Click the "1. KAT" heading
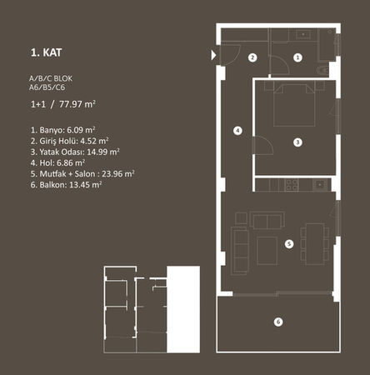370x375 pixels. pos(46,52)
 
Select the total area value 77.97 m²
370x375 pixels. pos(77,104)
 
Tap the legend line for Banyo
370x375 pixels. pos(62,130)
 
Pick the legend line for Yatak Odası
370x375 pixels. pos(75,152)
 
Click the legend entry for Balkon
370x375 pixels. pos(66,185)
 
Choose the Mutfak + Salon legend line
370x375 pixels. pos(82,174)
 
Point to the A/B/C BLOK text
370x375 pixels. pos(51,78)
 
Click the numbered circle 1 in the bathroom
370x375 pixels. pos(297,57)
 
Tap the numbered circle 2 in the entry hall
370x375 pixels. pos(252,57)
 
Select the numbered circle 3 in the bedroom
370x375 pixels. pos(297,142)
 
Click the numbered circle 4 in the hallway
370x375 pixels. pos(237,131)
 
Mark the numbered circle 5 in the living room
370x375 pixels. pos(289,244)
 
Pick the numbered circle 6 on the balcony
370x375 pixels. pos(278,322)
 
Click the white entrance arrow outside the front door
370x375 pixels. pos(213,55)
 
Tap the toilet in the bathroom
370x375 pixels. pos(322,70)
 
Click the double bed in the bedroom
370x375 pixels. pos(294,106)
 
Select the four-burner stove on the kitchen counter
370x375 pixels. pos(292,185)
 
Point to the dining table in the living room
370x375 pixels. pos(315,244)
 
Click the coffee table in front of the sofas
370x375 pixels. pos(267,251)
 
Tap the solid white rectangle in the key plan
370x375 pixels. pos(183,309)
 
